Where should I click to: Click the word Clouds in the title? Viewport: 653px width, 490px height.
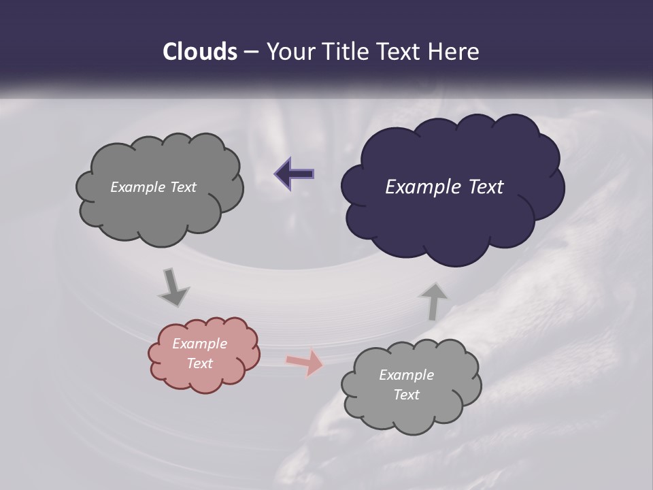[199, 52]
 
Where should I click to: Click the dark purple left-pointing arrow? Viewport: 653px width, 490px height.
[295, 174]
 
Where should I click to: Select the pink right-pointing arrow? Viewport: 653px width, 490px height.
[304, 362]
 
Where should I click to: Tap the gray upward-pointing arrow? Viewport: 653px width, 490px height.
[433, 301]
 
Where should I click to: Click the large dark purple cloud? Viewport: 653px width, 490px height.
[452, 187]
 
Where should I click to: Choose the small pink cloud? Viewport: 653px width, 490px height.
[204, 354]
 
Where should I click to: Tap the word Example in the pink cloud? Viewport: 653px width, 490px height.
[199, 344]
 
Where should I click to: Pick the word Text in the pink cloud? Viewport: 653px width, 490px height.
[199, 363]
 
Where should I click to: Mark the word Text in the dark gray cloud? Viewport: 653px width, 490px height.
[183, 187]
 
